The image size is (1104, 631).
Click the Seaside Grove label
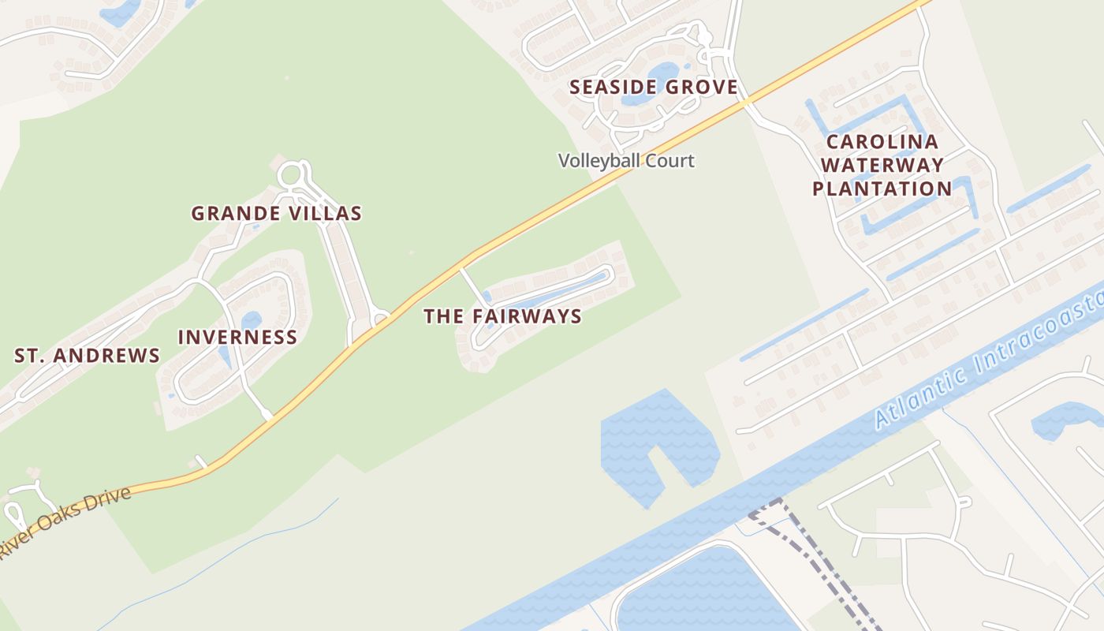tap(654, 88)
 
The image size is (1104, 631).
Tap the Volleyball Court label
tap(626, 161)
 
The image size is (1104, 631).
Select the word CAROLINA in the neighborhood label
tap(882, 142)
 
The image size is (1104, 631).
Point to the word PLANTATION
tap(882, 189)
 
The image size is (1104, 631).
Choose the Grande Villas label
tap(277, 213)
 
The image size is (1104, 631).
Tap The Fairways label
tap(503, 316)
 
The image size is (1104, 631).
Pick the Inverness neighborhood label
tap(237, 338)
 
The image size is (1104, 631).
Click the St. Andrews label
tap(88, 356)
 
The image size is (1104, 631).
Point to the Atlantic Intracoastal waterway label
tap(986, 363)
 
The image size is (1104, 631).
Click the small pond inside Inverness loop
tap(251, 320)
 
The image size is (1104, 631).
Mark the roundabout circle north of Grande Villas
tap(291, 173)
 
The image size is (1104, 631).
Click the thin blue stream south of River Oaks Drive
tap(237, 552)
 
